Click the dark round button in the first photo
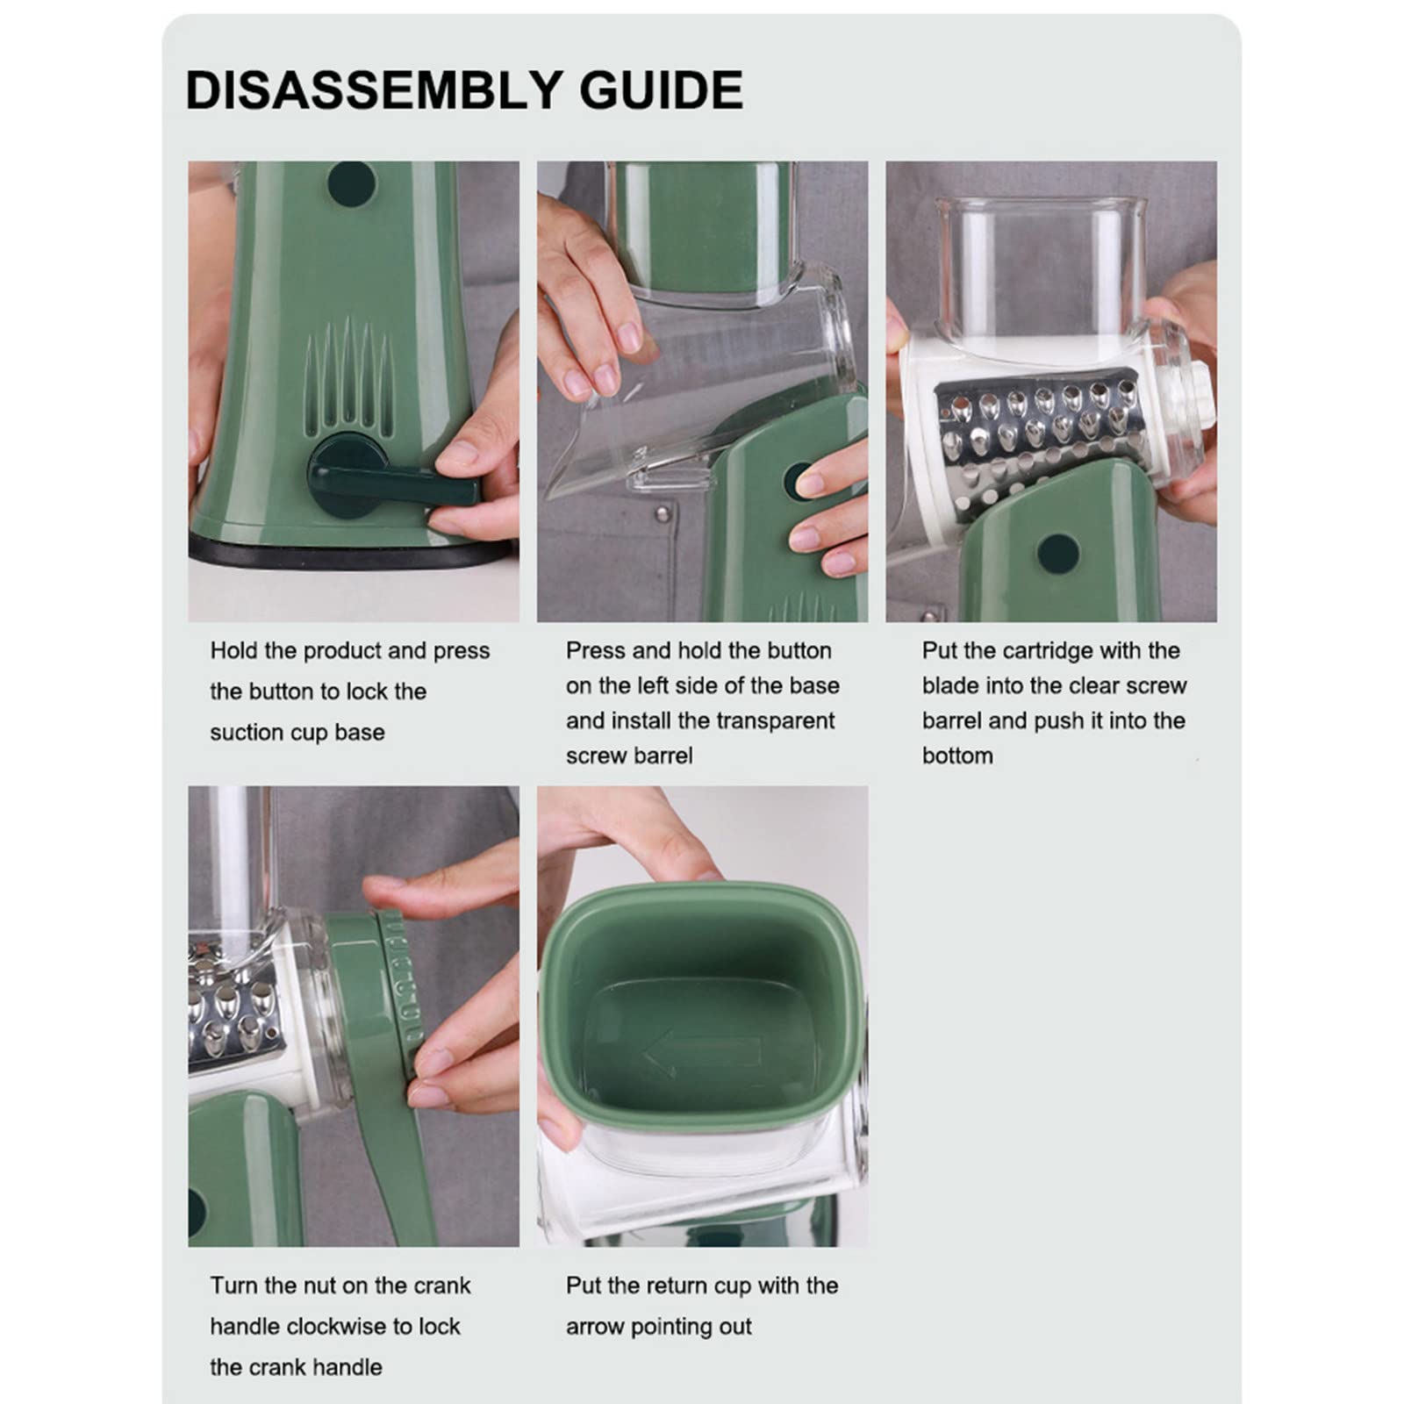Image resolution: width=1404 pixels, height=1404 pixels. coord(351,183)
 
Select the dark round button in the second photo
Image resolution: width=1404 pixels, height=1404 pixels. coord(801,482)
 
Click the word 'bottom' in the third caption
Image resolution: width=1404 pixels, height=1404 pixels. coord(957,756)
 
